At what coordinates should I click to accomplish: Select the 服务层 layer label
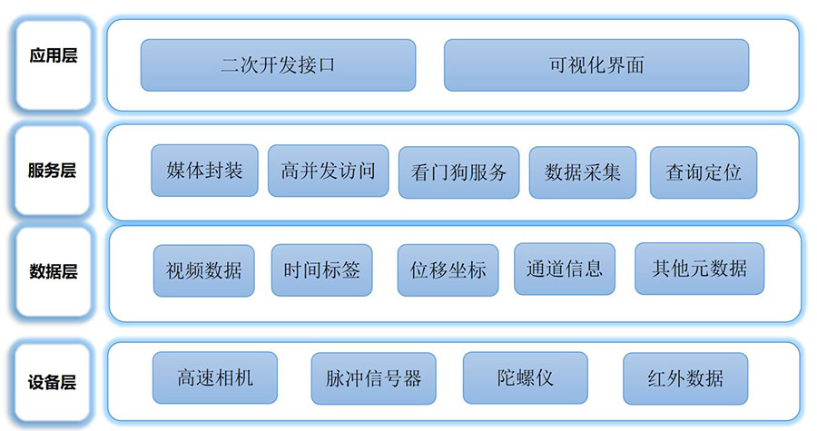(x=54, y=171)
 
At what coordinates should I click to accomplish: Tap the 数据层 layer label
(x=54, y=271)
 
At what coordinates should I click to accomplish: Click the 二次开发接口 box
(x=278, y=65)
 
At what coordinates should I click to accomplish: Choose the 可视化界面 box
(x=596, y=65)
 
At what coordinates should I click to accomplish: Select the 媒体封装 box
(x=204, y=171)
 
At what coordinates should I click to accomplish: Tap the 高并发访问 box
(x=328, y=171)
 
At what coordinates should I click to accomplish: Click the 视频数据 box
(x=204, y=270)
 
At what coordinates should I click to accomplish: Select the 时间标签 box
(x=321, y=270)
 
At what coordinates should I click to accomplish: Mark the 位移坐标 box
(x=448, y=270)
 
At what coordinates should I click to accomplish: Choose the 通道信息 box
(x=564, y=269)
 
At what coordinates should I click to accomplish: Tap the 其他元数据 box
(x=699, y=269)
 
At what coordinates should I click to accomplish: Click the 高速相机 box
(x=215, y=377)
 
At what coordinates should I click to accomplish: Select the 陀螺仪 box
(x=525, y=377)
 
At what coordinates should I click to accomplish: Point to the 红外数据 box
(x=685, y=377)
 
